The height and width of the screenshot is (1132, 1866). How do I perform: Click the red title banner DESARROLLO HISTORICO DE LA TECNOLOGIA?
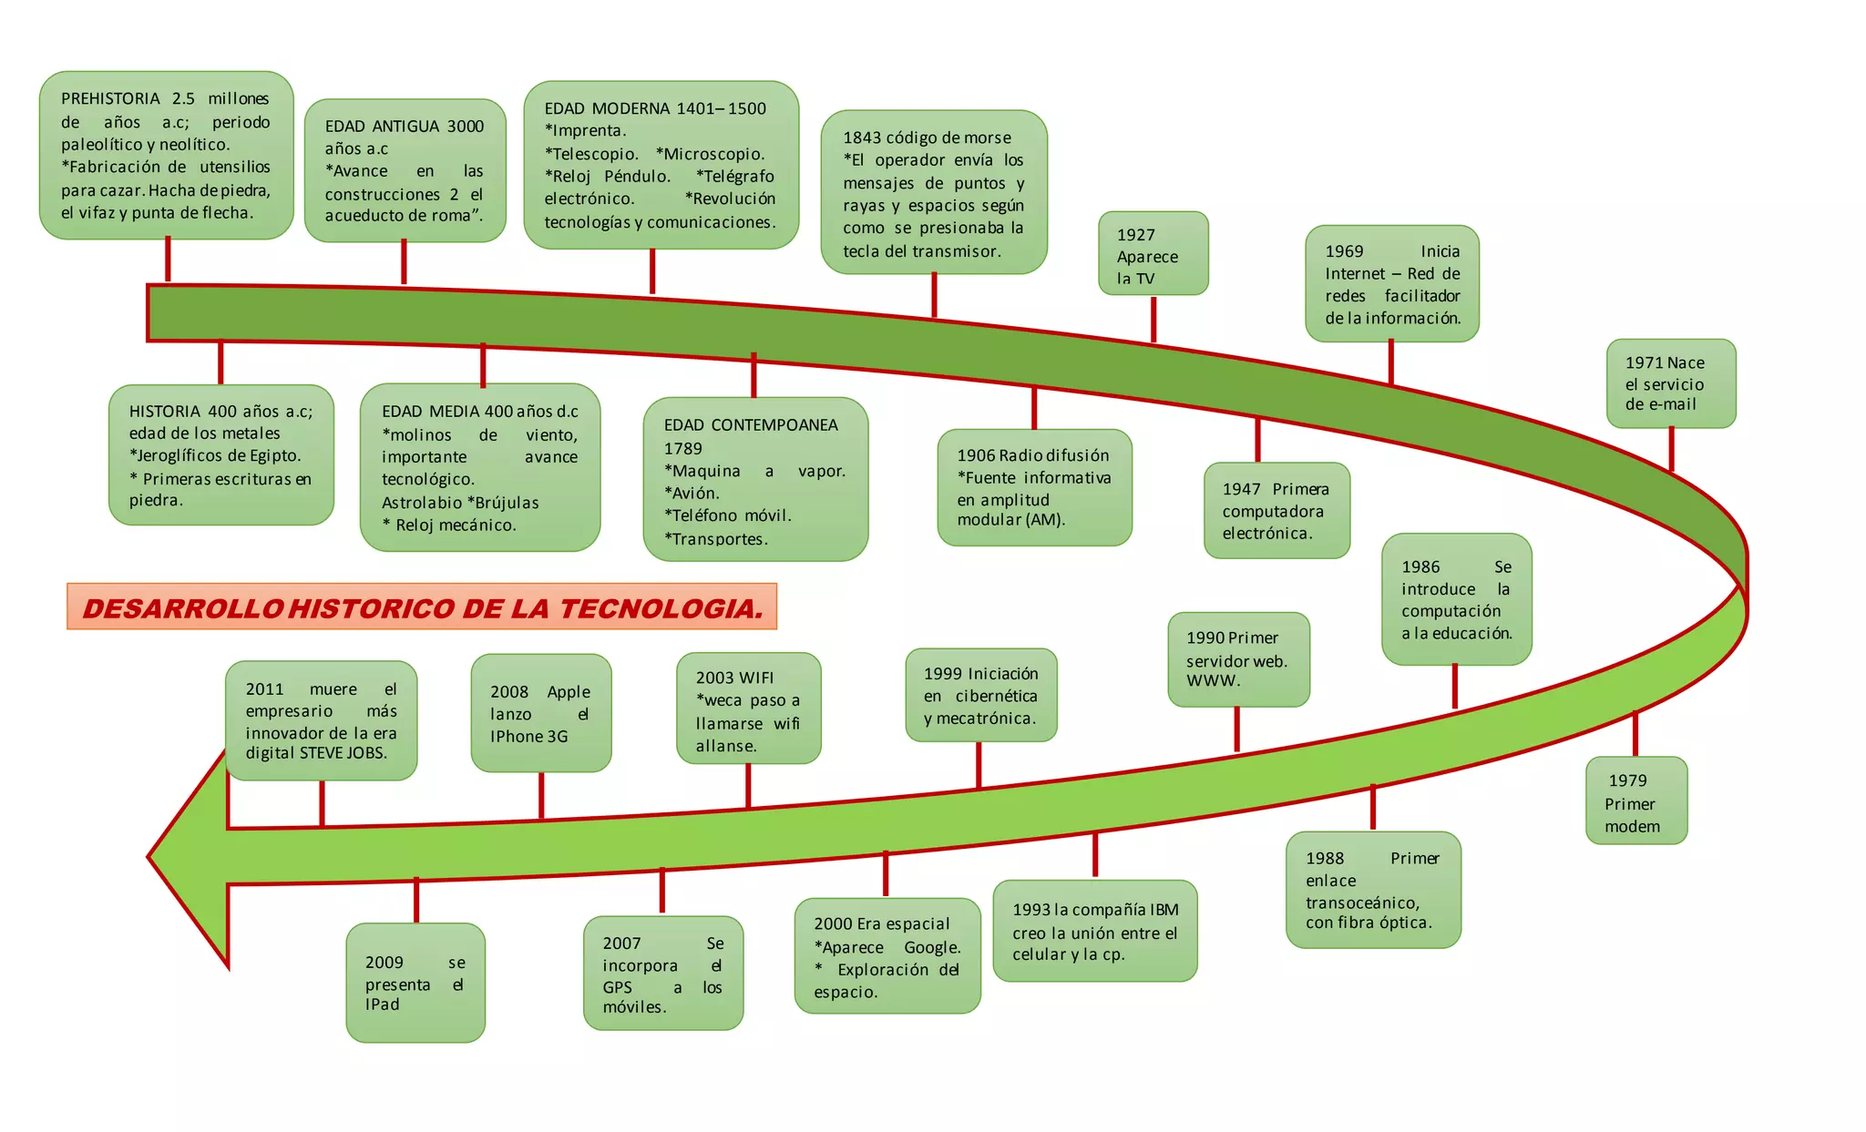[422, 607]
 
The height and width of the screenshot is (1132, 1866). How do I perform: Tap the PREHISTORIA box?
[166, 155]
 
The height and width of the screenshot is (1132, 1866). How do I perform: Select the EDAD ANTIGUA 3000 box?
[405, 170]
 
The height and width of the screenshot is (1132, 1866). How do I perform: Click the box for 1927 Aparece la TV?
[1153, 254]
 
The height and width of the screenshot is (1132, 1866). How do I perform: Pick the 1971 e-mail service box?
[1670, 383]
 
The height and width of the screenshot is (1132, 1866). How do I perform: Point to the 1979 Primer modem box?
[1635, 801]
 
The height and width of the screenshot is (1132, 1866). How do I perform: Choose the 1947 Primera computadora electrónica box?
[1276, 511]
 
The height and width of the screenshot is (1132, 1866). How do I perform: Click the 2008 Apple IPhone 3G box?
[540, 713]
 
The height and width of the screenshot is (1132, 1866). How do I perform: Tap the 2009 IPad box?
[415, 983]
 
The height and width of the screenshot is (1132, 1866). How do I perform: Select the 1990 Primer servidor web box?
[1238, 659]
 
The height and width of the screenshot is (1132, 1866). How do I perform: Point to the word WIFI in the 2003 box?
[756, 678]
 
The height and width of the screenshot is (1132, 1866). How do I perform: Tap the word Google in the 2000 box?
[932, 947]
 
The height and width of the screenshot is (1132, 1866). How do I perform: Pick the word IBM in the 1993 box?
[1164, 910]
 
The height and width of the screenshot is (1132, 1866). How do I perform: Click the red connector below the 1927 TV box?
[1153, 319]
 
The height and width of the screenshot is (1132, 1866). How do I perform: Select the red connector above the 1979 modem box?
[1635, 734]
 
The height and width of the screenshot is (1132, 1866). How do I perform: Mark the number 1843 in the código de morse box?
[862, 138]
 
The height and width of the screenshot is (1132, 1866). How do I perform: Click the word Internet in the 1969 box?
[1355, 274]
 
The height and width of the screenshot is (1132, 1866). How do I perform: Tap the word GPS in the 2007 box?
[617, 987]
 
